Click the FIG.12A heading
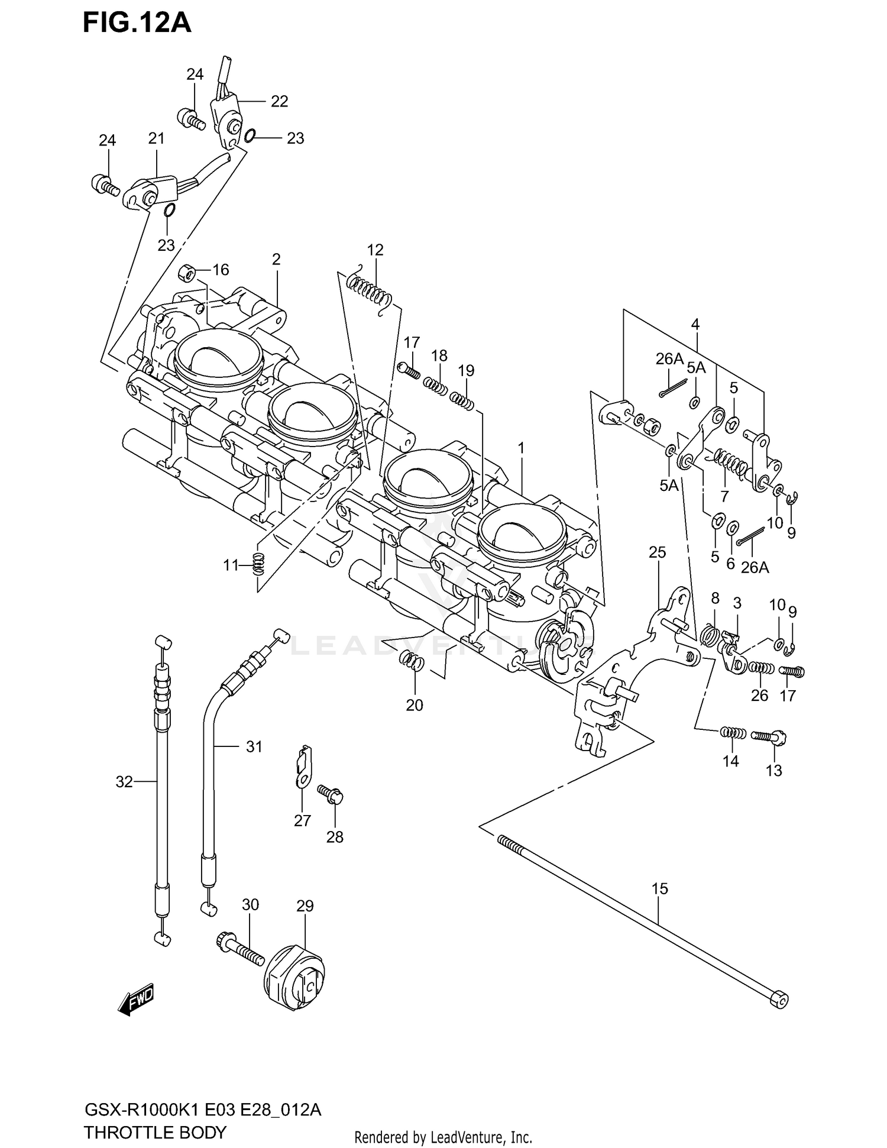click(137, 22)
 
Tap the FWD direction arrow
click(136, 1000)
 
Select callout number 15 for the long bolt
click(659, 888)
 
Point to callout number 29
click(305, 906)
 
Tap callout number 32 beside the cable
click(124, 782)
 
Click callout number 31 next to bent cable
click(254, 747)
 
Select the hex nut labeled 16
click(187, 273)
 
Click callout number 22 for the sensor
click(279, 101)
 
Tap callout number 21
click(156, 138)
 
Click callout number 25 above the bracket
click(657, 552)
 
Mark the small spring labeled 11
click(258, 564)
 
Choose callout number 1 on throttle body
click(521, 449)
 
